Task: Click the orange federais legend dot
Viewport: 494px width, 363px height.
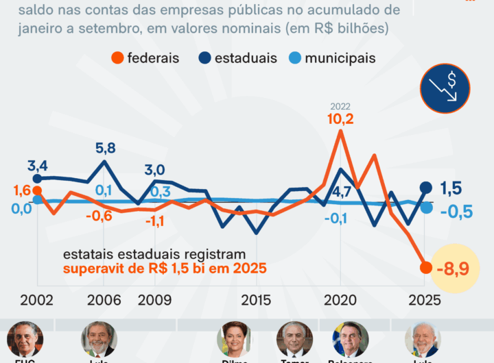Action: [119, 58]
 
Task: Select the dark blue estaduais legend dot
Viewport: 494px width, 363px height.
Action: [206, 58]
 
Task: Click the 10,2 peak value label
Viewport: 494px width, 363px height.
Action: [340, 119]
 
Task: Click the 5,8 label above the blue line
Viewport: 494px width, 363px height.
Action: [105, 147]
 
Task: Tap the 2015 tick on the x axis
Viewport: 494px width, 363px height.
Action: [256, 301]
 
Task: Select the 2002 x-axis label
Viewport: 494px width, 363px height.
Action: [36, 301]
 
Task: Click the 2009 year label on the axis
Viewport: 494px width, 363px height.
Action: [155, 301]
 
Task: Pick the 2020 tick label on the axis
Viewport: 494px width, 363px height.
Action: [340, 301]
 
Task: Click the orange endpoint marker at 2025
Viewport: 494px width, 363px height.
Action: [425, 267]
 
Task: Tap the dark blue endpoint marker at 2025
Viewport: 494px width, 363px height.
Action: [425, 188]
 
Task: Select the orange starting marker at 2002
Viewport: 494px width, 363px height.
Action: [37, 191]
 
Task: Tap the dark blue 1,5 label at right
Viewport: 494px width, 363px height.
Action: [450, 188]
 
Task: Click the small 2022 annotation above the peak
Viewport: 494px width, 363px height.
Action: [340, 106]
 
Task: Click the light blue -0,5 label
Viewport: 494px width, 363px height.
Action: [456, 211]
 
